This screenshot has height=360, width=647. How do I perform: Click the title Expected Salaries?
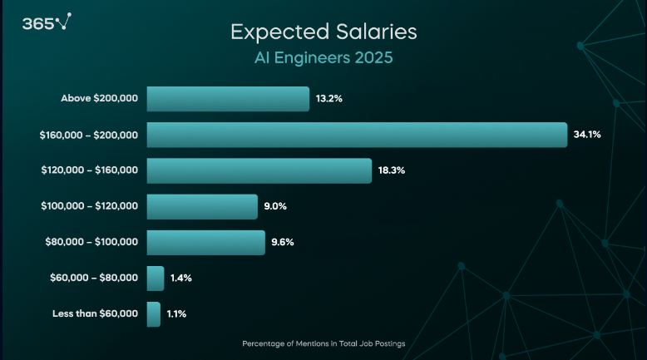323,32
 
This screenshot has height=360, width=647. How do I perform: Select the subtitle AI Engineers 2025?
323,60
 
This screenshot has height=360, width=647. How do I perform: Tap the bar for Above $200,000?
228,99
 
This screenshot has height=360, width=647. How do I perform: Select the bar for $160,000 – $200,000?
357,135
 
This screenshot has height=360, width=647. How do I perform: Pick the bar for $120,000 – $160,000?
259,170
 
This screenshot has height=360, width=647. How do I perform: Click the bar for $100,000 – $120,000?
202,206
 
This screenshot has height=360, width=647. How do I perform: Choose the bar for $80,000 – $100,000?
205,242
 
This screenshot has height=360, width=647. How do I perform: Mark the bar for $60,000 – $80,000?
156,278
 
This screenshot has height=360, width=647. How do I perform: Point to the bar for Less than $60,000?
154,313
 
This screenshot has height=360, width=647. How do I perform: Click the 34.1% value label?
587,135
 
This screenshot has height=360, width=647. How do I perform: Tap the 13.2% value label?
329,99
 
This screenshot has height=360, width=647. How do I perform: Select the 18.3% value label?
391,170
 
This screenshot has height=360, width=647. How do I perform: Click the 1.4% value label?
181,278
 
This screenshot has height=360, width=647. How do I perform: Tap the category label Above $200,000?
100,99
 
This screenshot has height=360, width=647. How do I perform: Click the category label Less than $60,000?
96,313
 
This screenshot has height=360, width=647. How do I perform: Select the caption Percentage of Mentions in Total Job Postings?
323,343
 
